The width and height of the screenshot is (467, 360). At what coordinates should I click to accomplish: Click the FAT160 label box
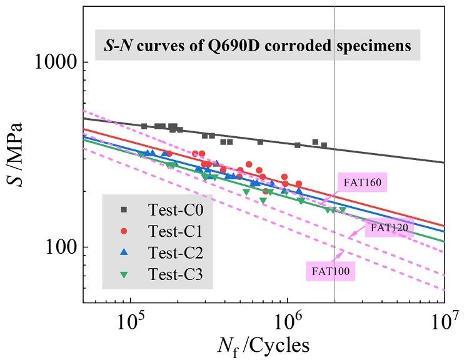363,183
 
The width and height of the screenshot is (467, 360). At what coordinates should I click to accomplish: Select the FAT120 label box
389,228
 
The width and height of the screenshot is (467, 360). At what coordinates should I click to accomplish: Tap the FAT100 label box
331,271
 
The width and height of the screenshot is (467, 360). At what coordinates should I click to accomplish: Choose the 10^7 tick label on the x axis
444,324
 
